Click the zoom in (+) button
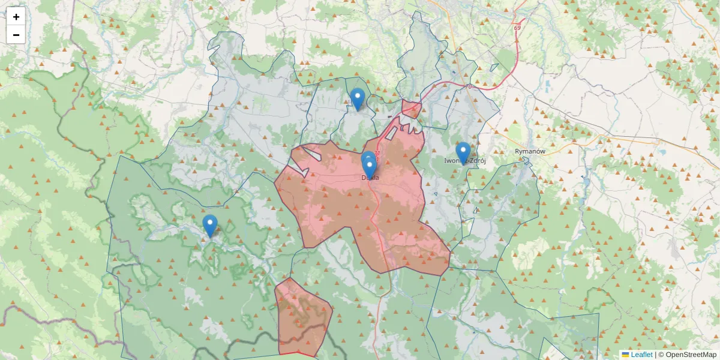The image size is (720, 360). [x=16, y=17]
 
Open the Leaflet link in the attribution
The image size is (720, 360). [x=641, y=355]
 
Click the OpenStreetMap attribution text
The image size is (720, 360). [x=687, y=355]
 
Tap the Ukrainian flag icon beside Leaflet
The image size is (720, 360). [x=625, y=355]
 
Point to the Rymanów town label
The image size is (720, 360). [x=530, y=152]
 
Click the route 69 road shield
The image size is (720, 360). [x=517, y=28]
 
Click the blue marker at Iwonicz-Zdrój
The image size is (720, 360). [x=463, y=152]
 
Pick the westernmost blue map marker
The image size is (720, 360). [x=209, y=226]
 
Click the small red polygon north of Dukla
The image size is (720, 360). [x=411, y=109]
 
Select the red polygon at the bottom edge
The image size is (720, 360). [x=302, y=318]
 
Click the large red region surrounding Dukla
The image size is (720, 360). [x=336, y=204]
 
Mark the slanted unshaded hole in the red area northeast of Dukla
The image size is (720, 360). [x=392, y=133]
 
